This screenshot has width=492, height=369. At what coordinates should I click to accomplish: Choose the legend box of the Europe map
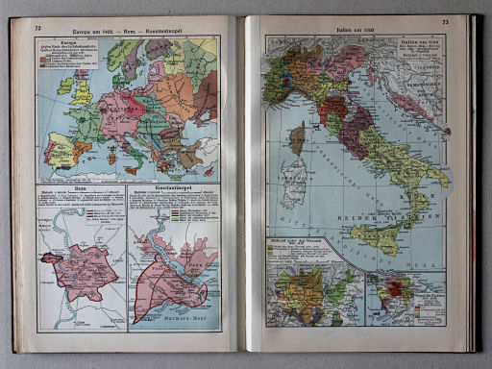[x=68, y=57]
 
